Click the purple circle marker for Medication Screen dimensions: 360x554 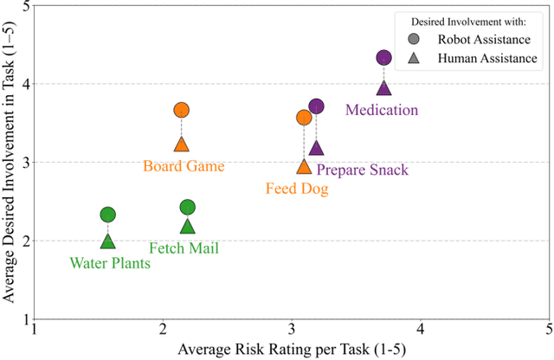tap(383, 58)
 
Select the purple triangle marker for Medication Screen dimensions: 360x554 tap(383, 87)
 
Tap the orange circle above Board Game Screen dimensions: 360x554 tap(181, 110)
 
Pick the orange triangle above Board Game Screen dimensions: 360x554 tap(181, 145)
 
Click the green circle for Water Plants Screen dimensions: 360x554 tap(107, 215)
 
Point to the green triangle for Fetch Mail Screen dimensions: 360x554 tap(187, 227)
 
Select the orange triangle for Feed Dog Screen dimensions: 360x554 tap(304, 166)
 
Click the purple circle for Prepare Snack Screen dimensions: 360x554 tap(316, 106)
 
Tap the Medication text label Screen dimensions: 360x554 tap(382, 110)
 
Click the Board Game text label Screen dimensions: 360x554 tap(184, 166)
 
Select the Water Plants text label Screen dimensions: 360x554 tap(110, 263)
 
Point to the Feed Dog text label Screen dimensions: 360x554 tap(296, 188)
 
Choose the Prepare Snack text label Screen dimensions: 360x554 tap(362, 170)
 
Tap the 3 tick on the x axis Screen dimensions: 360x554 tap(293, 330)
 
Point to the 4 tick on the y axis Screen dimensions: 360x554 tap(24, 85)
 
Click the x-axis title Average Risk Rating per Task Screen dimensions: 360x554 tap(291, 349)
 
